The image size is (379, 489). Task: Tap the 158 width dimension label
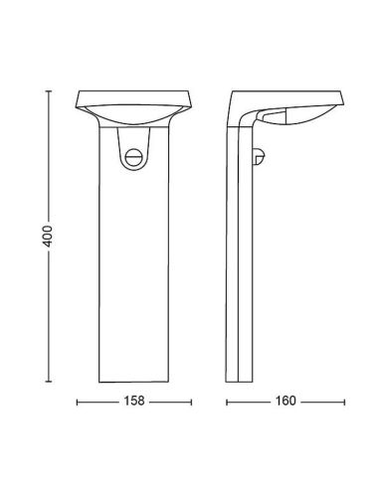pyautogui.click(x=133, y=403)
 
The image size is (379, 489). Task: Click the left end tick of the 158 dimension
pyautogui.click(x=79, y=403)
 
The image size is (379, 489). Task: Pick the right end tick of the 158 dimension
pyautogui.click(x=189, y=403)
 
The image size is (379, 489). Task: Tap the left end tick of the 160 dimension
pyautogui.click(x=228, y=403)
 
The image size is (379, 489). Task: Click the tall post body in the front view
pyautogui.click(x=133, y=268)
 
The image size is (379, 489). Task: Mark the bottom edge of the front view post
pyautogui.click(x=133, y=381)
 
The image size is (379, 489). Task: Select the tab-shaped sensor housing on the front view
pyautogui.click(x=133, y=149)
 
